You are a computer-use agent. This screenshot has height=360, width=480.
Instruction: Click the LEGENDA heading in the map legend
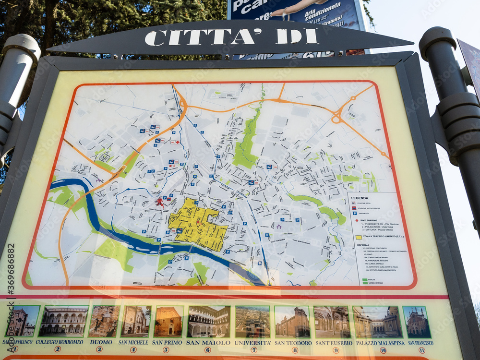[x=360, y=198]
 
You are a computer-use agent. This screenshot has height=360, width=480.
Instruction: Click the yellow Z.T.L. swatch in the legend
[x=358, y=237]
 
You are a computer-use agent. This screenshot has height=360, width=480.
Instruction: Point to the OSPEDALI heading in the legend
[x=363, y=245]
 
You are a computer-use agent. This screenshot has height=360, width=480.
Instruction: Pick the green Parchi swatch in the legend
[x=358, y=279]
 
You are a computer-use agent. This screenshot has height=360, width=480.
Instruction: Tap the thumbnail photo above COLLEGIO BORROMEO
[x=63, y=322]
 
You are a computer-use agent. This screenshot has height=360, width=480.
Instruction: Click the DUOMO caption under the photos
[x=101, y=342]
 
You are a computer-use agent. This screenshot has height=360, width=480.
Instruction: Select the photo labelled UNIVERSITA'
[x=252, y=322]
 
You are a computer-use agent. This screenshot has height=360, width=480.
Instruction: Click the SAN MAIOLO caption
[x=208, y=342]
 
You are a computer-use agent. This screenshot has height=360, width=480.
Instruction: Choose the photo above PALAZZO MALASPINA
[x=377, y=322]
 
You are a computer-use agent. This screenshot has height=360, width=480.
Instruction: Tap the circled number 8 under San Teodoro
[x=294, y=350]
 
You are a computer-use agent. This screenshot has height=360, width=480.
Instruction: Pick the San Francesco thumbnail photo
[x=417, y=322]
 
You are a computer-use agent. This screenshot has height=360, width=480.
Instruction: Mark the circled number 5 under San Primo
[x=167, y=349]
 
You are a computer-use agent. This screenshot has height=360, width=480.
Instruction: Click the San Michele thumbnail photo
[x=136, y=321]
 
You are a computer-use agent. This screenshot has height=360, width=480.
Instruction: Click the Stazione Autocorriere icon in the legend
[x=354, y=208]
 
